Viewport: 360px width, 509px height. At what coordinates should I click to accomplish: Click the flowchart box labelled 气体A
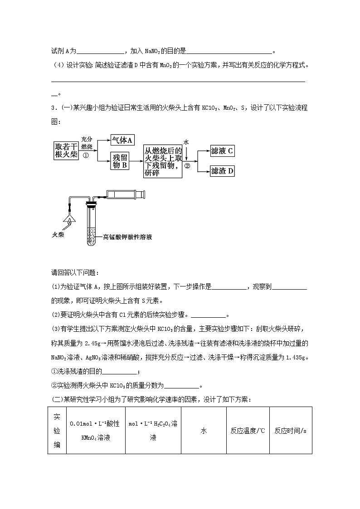click(122, 141)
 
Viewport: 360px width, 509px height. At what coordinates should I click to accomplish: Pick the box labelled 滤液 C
click(222, 151)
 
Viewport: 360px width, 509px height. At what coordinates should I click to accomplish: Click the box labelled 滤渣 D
click(222, 171)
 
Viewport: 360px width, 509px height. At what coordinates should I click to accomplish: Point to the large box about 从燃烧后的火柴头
click(163, 161)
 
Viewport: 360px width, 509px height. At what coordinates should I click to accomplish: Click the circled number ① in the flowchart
click(86, 154)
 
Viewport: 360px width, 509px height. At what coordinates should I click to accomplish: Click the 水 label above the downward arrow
click(186, 142)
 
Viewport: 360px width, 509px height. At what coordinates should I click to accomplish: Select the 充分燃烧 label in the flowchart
click(86, 143)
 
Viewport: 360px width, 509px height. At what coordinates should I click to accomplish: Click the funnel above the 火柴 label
click(70, 219)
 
